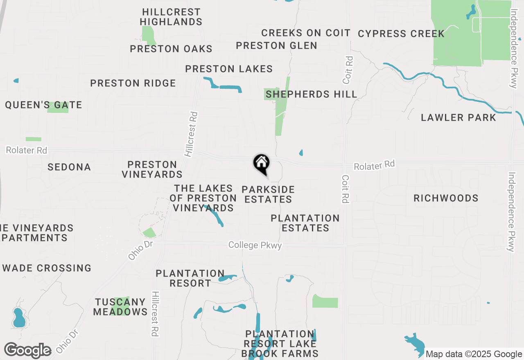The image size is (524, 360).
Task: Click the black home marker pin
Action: [262, 164]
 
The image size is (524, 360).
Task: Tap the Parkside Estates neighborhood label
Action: [268, 194]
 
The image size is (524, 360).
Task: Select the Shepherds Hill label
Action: [311, 94]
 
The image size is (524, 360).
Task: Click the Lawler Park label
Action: [458, 118]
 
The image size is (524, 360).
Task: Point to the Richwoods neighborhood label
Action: [446, 198]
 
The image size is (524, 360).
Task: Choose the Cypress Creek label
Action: [401, 34]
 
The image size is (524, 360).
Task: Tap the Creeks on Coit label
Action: [306, 33]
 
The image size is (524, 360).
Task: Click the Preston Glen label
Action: [277, 45]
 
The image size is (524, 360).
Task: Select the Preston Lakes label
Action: [229, 69]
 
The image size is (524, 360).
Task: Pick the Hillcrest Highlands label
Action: [171, 17]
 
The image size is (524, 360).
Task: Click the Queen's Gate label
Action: [43, 105]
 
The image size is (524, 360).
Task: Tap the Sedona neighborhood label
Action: [69, 167]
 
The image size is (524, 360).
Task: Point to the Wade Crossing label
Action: [47, 268]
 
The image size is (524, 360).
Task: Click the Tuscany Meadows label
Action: [120, 307]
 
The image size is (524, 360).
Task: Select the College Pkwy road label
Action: [255, 245]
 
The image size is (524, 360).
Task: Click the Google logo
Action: [27, 350]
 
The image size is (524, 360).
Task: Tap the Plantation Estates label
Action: [305, 223]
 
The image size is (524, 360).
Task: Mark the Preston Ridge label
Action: [133, 83]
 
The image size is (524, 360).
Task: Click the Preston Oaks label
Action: [171, 49]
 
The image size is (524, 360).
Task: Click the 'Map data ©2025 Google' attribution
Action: [474, 354]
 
